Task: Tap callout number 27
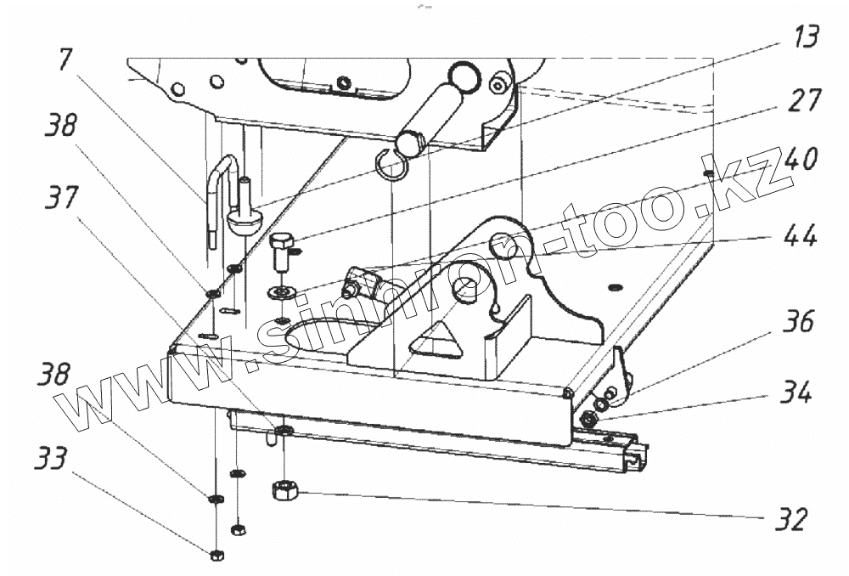[802, 100]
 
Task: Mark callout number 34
[797, 392]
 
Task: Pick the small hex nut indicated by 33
[216, 555]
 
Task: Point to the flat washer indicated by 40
[279, 293]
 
